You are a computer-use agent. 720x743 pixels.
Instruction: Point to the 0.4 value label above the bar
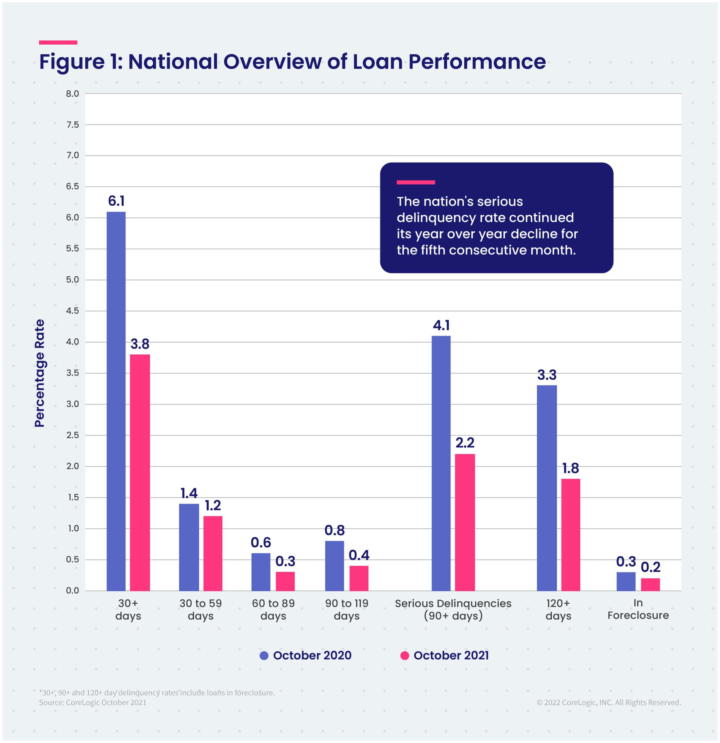358,555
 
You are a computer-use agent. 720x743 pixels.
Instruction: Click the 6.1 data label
116,201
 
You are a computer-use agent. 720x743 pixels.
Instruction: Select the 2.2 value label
465,443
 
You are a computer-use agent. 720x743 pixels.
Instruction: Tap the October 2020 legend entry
305,655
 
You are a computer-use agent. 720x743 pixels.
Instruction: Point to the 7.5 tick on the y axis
72,125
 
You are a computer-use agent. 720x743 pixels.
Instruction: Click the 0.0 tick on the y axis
72,591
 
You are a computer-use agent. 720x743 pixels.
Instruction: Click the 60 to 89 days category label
273,609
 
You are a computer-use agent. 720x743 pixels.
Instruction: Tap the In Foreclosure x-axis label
638,609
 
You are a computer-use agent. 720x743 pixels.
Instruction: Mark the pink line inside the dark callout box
415,182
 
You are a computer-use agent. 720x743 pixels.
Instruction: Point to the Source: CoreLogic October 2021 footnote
93,702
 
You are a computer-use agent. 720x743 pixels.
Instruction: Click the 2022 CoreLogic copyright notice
609,702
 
